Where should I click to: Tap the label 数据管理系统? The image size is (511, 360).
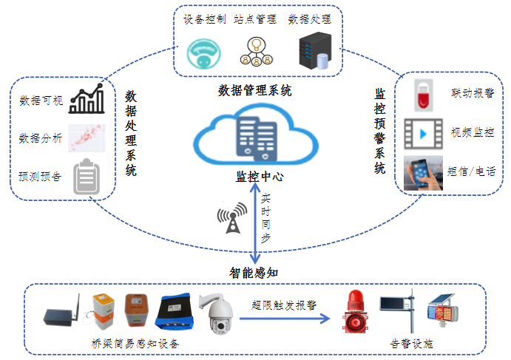(255, 91)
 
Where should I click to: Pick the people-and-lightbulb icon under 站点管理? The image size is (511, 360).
(257, 50)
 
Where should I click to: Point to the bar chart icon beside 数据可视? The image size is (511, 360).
(86, 101)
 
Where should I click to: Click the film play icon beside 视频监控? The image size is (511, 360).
(423, 134)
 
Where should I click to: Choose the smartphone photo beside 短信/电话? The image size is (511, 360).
(423, 173)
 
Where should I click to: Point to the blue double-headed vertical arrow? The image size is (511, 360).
(255, 226)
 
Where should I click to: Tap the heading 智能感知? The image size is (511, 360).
(256, 272)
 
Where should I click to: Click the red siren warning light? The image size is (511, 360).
(353, 313)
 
